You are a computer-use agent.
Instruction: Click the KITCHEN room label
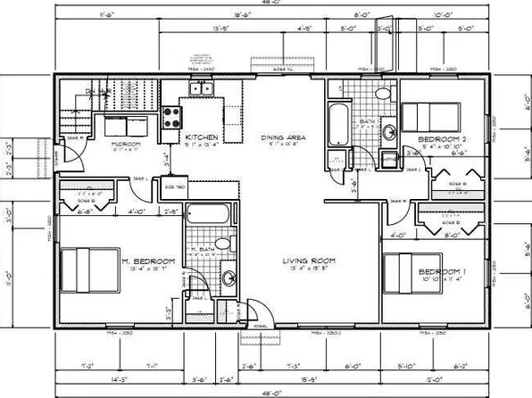click(202, 137)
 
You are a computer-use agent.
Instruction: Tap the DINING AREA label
click(283, 137)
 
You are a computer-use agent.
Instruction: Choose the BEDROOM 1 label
click(443, 270)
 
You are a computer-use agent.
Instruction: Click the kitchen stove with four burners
click(172, 117)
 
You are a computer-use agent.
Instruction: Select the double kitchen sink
click(202, 89)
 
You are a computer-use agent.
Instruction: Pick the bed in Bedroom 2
click(429, 116)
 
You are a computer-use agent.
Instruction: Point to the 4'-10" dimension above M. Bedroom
click(137, 212)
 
